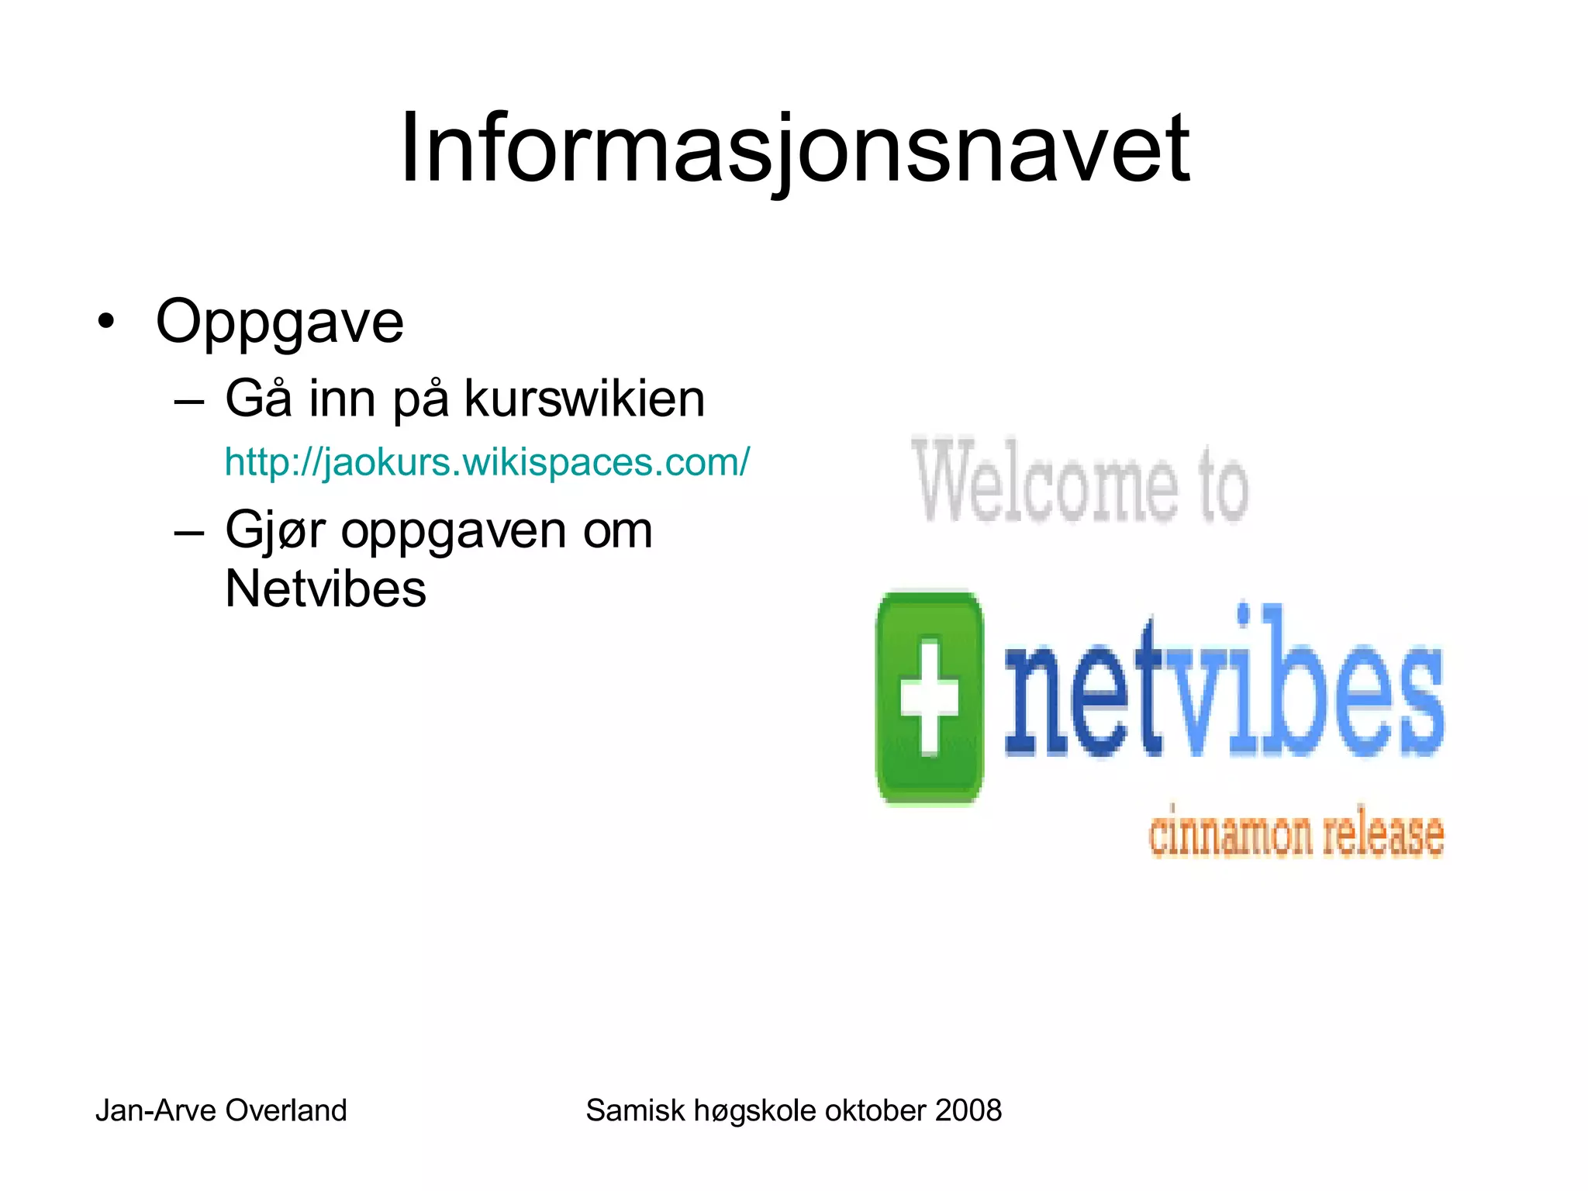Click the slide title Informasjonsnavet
pyautogui.click(x=794, y=149)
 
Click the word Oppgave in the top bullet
pyautogui.click(x=280, y=322)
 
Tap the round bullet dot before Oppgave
pyautogui.click(x=106, y=321)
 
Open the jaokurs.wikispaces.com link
pyautogui.click(x=487, y=462)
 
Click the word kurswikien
pyautogui.click(x=585, y=399)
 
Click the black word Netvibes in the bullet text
pyautogui.click(x=326, y=589)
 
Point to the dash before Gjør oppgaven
pyautogui.click(x=189, y=533)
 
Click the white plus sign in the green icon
pyautogui.click(x=929, y=696)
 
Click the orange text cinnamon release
pyautogui.click(x=1296, y=834)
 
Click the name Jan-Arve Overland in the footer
pyautogui.click(x=221, y=1110)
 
